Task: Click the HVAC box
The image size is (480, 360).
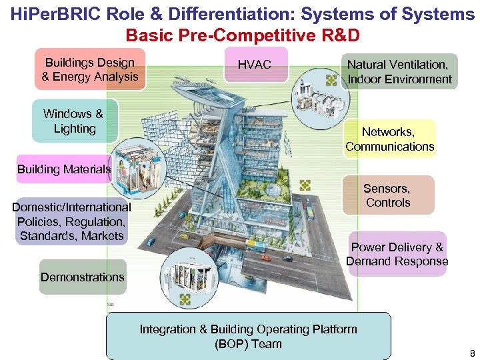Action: pyautogui.click(x=255, y=65)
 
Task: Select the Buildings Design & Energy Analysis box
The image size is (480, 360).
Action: pyautogui.click(x=89, y=69)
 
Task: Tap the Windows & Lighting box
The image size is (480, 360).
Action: pyautogui.click(x=74, y=121)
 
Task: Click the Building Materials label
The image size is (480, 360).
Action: pyautogui.click(x=64, y=169)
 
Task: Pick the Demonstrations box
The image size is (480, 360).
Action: pyautogui.click(x=83, y=277)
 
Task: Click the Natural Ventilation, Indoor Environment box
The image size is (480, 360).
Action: pyautogui.click(x=399, y=71)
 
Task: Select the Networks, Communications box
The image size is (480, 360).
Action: pyautogui.click(x=390, y=139)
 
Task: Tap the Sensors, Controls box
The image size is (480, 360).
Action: pyautogui.click(x=388, y=195)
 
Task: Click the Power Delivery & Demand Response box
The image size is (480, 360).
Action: pyautogui.click(x=397, y=254)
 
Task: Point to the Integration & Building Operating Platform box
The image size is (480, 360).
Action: pyautogui.click(x=248, y=337)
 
